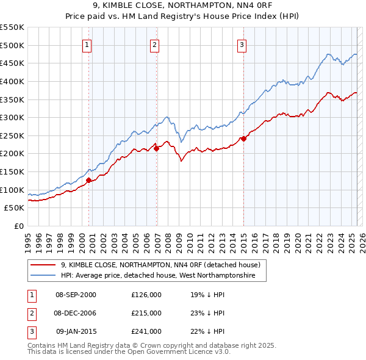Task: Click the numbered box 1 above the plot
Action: click(87, 45)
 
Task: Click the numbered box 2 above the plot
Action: click(155, 45)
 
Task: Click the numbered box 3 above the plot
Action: click(242, 45)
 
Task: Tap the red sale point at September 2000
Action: click(88, 180)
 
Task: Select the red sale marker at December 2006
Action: click(156, 148)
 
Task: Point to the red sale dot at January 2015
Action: click(243, 139)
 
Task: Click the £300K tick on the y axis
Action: click(12, 117)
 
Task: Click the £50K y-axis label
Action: click(15, 208)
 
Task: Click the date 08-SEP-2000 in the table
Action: click(76, 295)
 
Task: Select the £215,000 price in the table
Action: click(146, 313)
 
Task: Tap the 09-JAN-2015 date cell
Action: click(76, 331)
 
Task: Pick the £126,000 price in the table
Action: click(146, 295)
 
